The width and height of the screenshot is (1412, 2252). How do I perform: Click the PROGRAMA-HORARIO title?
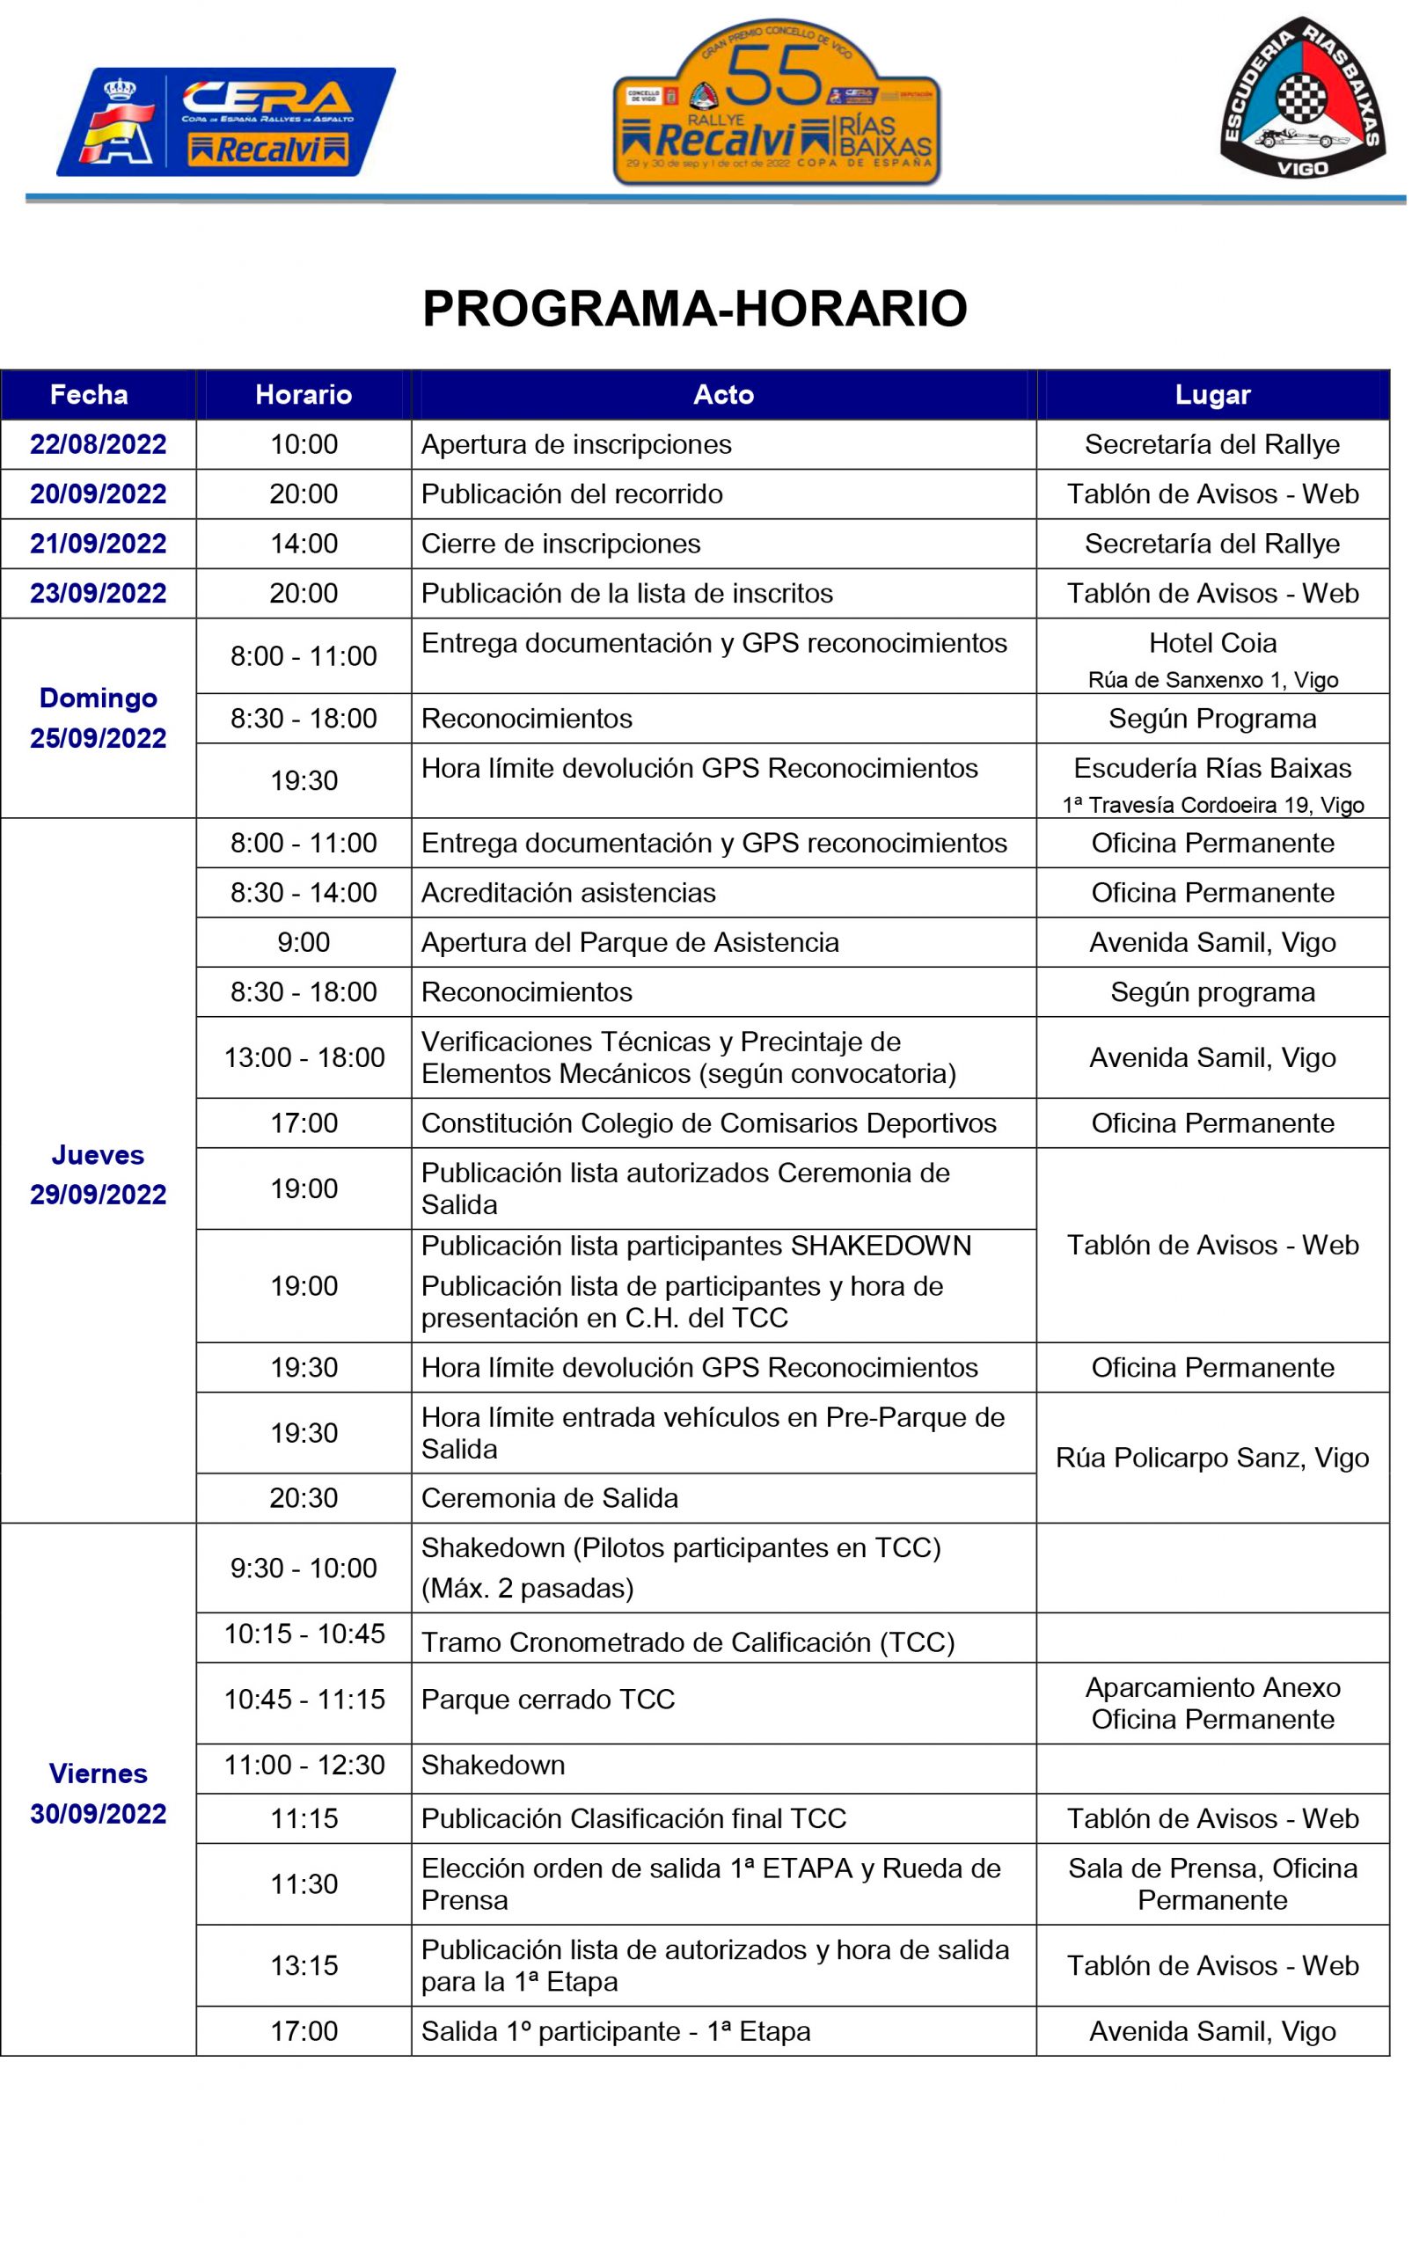coord(695,309)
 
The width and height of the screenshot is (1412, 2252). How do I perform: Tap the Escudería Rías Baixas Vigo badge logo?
coord(1301,98)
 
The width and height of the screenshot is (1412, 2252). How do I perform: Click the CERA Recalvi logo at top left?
coord(226,121)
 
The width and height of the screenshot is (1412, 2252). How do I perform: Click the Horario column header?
coord(304,395)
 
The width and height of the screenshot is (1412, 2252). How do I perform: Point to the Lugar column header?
coord(1212,395)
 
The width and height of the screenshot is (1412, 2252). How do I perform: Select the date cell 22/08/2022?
coord(98,444)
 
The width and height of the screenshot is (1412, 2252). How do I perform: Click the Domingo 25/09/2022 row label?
coord(98,718)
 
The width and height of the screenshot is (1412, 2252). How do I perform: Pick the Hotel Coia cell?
coord(1212,655)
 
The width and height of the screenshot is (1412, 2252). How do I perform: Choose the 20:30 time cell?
coord(304,1497)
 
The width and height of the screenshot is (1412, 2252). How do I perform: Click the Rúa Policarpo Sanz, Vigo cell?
coord(1212,1458)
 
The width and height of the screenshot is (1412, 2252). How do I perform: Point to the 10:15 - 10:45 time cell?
coord(304,1634)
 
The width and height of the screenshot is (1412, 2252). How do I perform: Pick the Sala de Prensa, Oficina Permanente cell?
coord(1212,1883)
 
